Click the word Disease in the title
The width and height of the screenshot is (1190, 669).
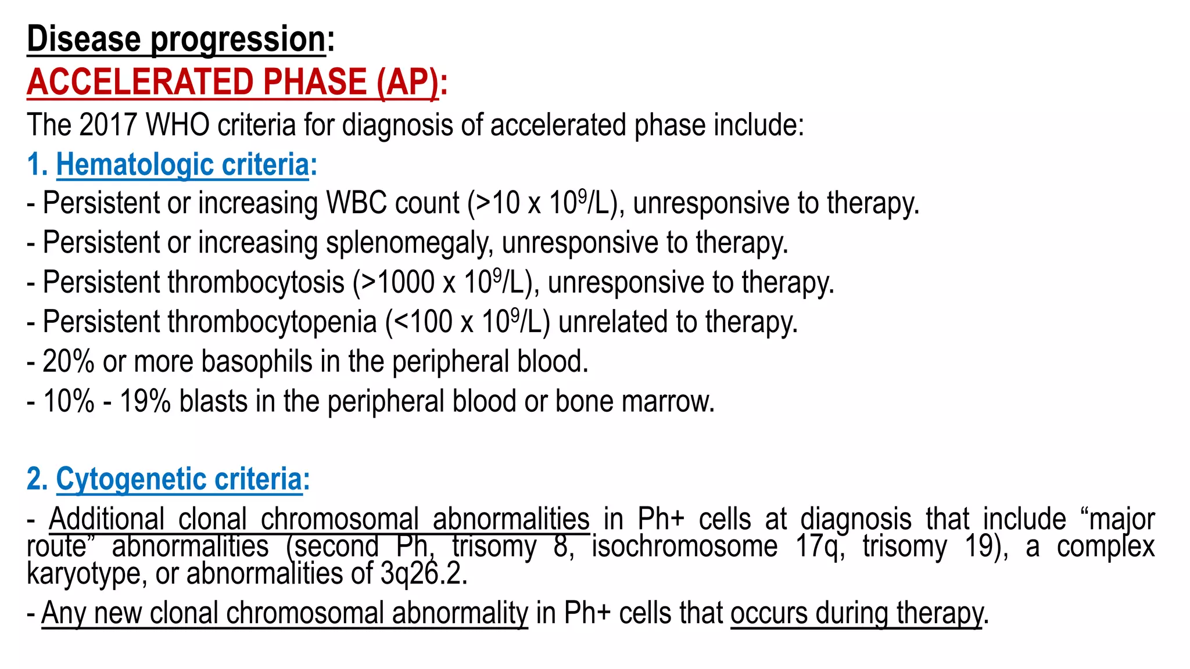pyautogui.click(x=84, y=39)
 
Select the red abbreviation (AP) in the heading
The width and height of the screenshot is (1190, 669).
pyautogui.click(x=407, y=82)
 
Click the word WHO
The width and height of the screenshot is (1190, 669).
pyautogui.click(x=177, y=125)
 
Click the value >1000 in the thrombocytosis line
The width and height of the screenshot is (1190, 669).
pyautogui.click(x=397, y=283)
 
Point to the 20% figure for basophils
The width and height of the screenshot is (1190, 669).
pyautogui.click(x=69, y=362)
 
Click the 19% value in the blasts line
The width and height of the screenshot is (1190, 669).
pyautogui.click(x=145, y=401)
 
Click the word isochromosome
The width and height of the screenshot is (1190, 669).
pyautogui.click(x=684, y=546)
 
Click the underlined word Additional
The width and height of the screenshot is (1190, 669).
pyautogui.click(x=107, y=519)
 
